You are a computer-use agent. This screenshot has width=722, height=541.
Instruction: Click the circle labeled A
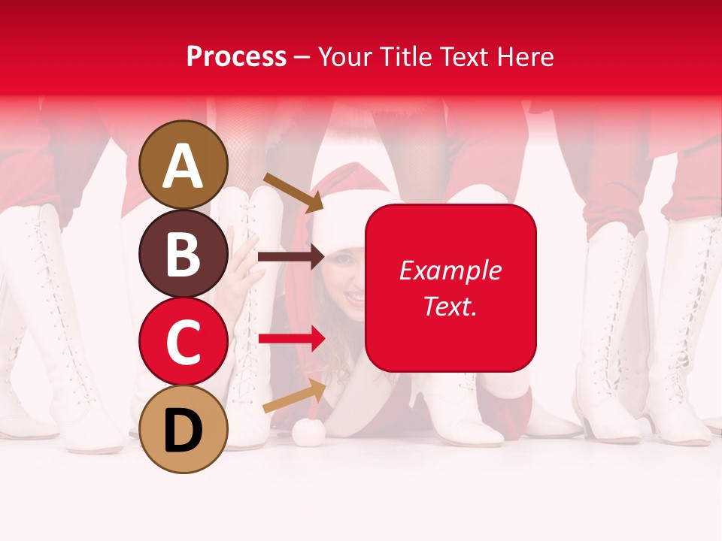184,165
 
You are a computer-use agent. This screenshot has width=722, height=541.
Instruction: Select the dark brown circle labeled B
184,253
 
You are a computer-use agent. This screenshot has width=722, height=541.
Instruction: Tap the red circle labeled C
184,341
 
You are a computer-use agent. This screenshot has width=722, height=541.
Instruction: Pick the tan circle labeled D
184,429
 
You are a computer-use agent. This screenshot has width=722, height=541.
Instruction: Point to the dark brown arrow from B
290,257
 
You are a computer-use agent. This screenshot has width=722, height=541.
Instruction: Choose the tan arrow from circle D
294,396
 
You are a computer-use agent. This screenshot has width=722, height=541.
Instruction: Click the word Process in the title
236,56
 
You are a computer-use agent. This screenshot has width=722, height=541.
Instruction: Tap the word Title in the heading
407,56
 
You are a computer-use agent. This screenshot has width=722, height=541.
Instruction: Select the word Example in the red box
450,270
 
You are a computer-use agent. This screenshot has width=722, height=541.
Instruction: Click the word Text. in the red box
450,306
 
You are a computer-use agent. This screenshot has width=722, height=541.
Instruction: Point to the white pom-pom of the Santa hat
308,431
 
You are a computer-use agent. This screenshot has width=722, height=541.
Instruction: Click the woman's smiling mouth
354,297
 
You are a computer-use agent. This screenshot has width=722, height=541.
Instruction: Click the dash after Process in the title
302,57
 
